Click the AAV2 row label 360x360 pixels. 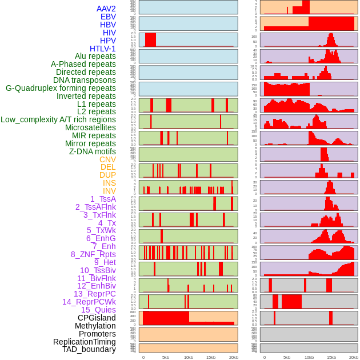point(106,9)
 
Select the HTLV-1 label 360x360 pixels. point(102,49)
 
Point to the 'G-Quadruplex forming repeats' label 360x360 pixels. point(61,88)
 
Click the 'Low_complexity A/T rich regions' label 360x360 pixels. point(58,119)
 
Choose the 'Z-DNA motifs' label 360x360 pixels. point(92,151)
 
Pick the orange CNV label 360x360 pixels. point(107,159)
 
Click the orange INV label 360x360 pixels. point(109,191)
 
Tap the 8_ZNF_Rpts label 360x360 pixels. point(93,254)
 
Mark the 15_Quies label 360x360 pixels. point(98,310)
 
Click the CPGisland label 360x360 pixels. point(97,318)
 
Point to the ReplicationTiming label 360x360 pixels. point(84,342)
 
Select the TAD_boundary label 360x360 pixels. point(89,349)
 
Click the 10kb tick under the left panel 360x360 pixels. point(189,357)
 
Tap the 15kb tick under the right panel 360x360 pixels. point(332,357)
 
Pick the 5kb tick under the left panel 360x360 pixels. point(166,357)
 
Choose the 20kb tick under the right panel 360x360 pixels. point(354,357)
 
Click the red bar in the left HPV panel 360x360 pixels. point(150,39)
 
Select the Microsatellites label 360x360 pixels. point(90,127)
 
